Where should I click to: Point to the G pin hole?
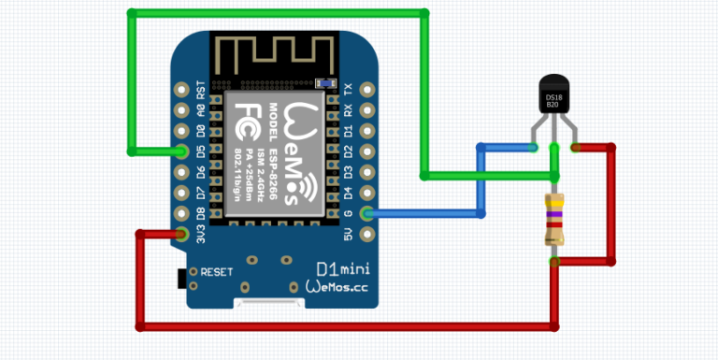[366, 213]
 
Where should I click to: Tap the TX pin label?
[348, 90]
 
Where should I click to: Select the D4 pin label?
[348, 193]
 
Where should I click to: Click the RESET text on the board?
[216, 272]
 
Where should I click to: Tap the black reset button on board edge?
[181, 278]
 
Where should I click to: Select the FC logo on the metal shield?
[247, 119]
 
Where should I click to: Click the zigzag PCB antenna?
[270, 56]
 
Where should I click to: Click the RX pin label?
[348, 110]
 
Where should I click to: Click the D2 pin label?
[348, 151]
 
